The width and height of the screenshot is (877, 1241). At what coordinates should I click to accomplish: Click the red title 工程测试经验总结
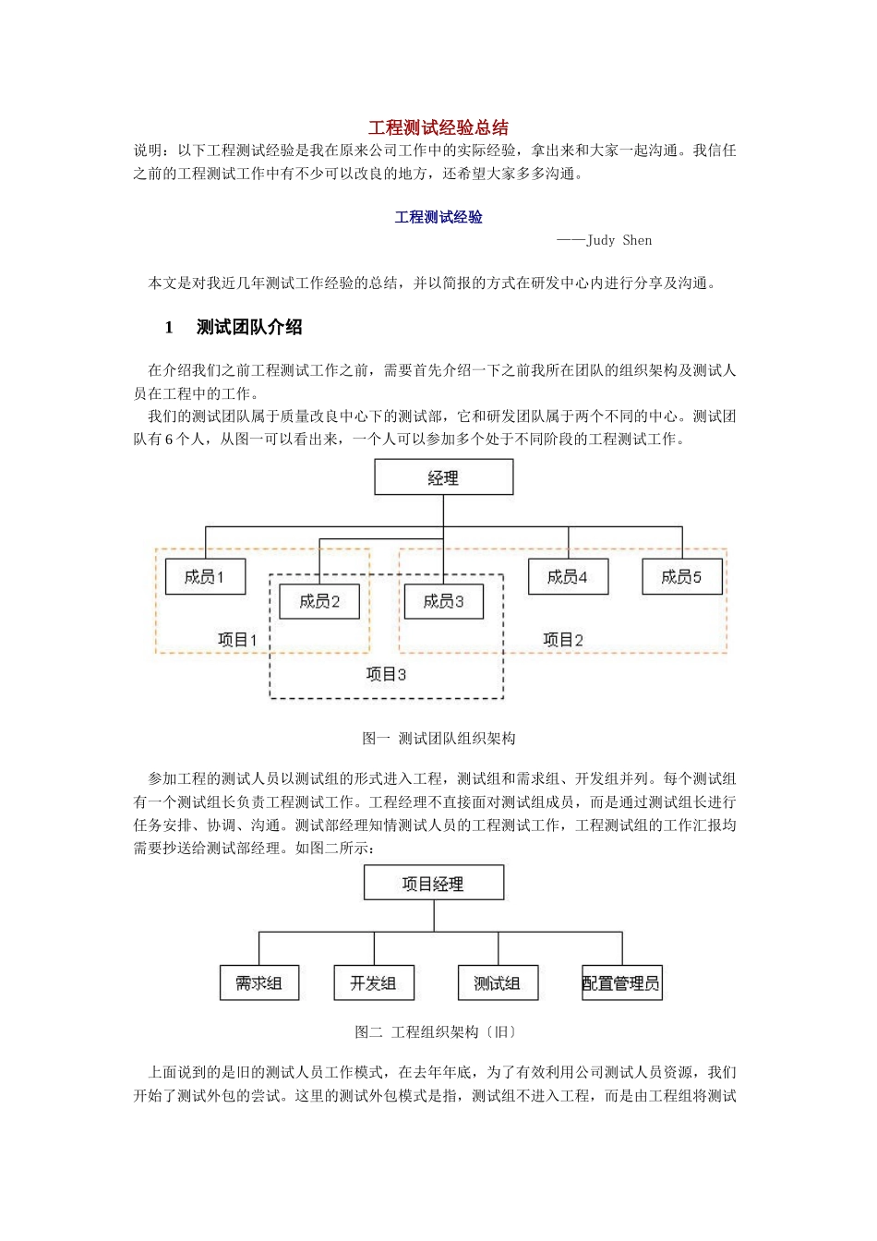click(438, 127)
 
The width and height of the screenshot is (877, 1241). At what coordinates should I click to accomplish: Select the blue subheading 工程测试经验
click(438, 217)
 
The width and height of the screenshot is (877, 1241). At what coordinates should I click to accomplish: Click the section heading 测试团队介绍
click(249, 327)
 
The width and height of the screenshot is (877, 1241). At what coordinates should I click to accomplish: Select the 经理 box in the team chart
click(443, 477)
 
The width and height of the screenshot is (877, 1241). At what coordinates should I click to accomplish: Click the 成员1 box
click(205, 576)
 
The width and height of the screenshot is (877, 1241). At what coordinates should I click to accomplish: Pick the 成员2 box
click(319, 601)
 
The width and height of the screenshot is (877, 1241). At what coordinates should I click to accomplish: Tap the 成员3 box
click(443, 601)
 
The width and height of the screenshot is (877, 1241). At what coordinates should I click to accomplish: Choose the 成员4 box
click(568, 576)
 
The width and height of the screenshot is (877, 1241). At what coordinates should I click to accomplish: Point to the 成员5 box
click(681, 576)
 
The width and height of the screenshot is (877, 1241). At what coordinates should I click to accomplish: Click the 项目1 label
click(237, 639)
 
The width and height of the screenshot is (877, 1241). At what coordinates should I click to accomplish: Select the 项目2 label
click(563, 639)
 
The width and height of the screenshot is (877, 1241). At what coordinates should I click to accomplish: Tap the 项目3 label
click(386, 674)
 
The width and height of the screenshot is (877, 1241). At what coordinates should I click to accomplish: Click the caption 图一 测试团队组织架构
click(438, 739)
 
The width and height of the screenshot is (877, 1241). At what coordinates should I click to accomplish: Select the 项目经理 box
click(433, 884)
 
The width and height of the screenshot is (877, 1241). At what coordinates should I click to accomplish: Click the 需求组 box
click(258, 983)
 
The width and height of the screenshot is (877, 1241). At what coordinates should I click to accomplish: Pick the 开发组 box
click(374, 983)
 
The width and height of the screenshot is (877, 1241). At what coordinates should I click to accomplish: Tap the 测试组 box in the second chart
click(498, 983)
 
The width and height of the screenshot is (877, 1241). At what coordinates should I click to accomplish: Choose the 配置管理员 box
click(621, 983)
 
